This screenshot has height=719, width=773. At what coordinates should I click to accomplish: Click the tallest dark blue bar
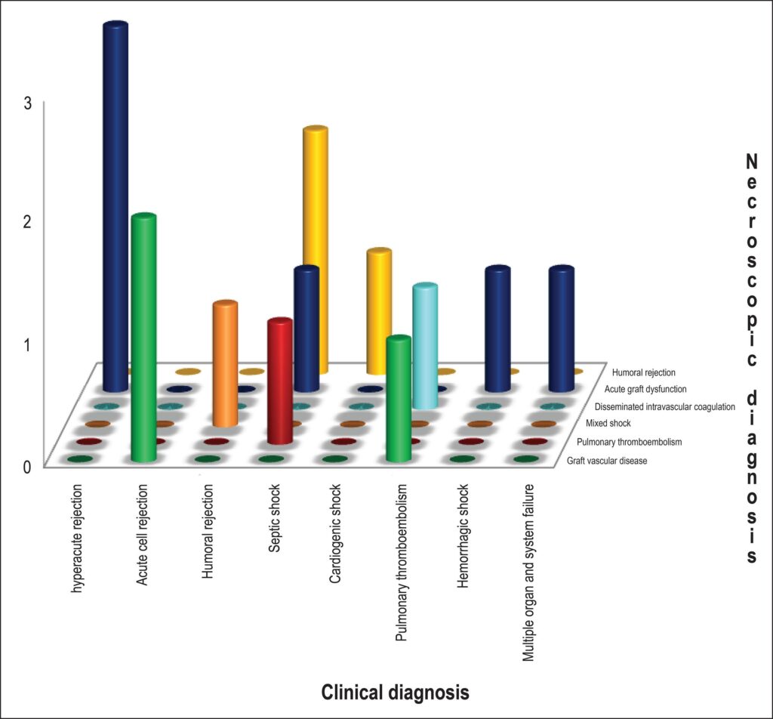point(115,207)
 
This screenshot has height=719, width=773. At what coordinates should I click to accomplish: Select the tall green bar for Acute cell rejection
point(144,338)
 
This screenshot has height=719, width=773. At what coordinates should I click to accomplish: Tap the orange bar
point(225,363)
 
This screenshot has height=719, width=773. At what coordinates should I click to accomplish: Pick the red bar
point(279,381)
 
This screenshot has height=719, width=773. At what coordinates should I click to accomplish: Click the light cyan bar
point(425,346)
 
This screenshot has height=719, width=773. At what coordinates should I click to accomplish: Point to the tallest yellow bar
point(316,250)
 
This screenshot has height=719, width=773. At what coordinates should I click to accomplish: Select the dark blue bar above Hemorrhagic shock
point(497,329)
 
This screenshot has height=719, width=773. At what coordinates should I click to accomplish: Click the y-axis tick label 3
point(28,103)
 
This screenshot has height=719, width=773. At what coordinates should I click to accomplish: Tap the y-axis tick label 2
point(28,222)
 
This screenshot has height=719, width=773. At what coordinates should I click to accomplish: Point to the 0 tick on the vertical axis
point(28,466)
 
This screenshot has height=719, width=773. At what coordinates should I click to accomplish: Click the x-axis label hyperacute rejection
point(77,538)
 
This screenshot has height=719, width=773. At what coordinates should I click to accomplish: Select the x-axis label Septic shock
point(274,518)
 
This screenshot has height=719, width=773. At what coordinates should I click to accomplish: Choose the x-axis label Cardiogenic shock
point(334,533)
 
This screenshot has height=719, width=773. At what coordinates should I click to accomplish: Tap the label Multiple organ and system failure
point(528,572)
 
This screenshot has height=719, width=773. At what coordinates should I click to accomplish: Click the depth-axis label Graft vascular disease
point(607,461)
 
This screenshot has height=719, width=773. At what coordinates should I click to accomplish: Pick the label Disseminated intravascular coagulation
point(664,407)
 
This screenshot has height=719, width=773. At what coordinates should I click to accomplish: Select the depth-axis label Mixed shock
point(608,423)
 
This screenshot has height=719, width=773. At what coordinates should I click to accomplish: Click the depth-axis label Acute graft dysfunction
point(645,389)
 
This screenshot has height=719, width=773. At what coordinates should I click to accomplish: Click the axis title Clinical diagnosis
point(396,693)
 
